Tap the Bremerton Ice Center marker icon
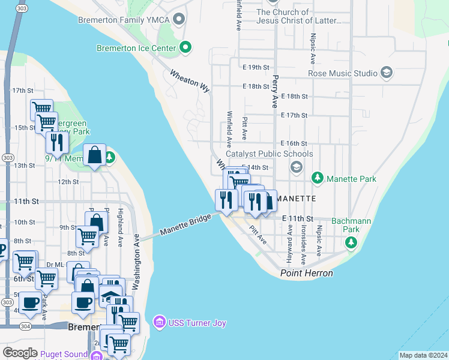185,48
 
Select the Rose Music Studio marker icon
387,73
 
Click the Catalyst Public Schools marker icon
295,167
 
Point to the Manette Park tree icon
317,178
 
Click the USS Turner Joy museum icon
159,323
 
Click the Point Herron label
306,274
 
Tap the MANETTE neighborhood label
296,198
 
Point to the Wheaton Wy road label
190,81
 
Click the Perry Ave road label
276,86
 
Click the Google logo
20,353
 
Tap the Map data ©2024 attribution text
423,355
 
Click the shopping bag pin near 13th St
95,156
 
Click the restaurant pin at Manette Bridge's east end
226,200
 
